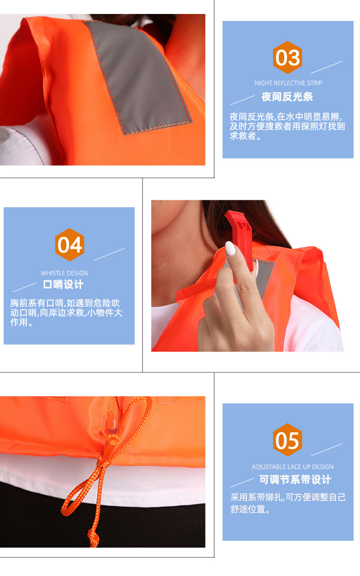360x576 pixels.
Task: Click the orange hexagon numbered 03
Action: click(288, 57)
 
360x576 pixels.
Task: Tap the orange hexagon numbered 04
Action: click(69, 245)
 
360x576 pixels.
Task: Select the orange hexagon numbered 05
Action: click(288, 440)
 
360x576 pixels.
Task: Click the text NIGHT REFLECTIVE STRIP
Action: click(288, 83)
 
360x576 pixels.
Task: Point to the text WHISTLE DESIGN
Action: click(64, 273)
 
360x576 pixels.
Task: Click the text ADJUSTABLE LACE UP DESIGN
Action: click(292, 466)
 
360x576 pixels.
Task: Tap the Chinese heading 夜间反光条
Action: click(287, 97)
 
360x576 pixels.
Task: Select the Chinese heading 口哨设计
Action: click(63, 284)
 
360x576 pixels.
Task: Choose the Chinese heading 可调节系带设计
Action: click(295, 479)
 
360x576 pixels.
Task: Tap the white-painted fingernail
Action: click(230, 249)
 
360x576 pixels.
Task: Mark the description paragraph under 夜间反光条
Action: click(287, 126)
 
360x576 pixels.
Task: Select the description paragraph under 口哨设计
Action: click(66, 313)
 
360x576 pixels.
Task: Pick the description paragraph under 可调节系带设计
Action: click(288, 503)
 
